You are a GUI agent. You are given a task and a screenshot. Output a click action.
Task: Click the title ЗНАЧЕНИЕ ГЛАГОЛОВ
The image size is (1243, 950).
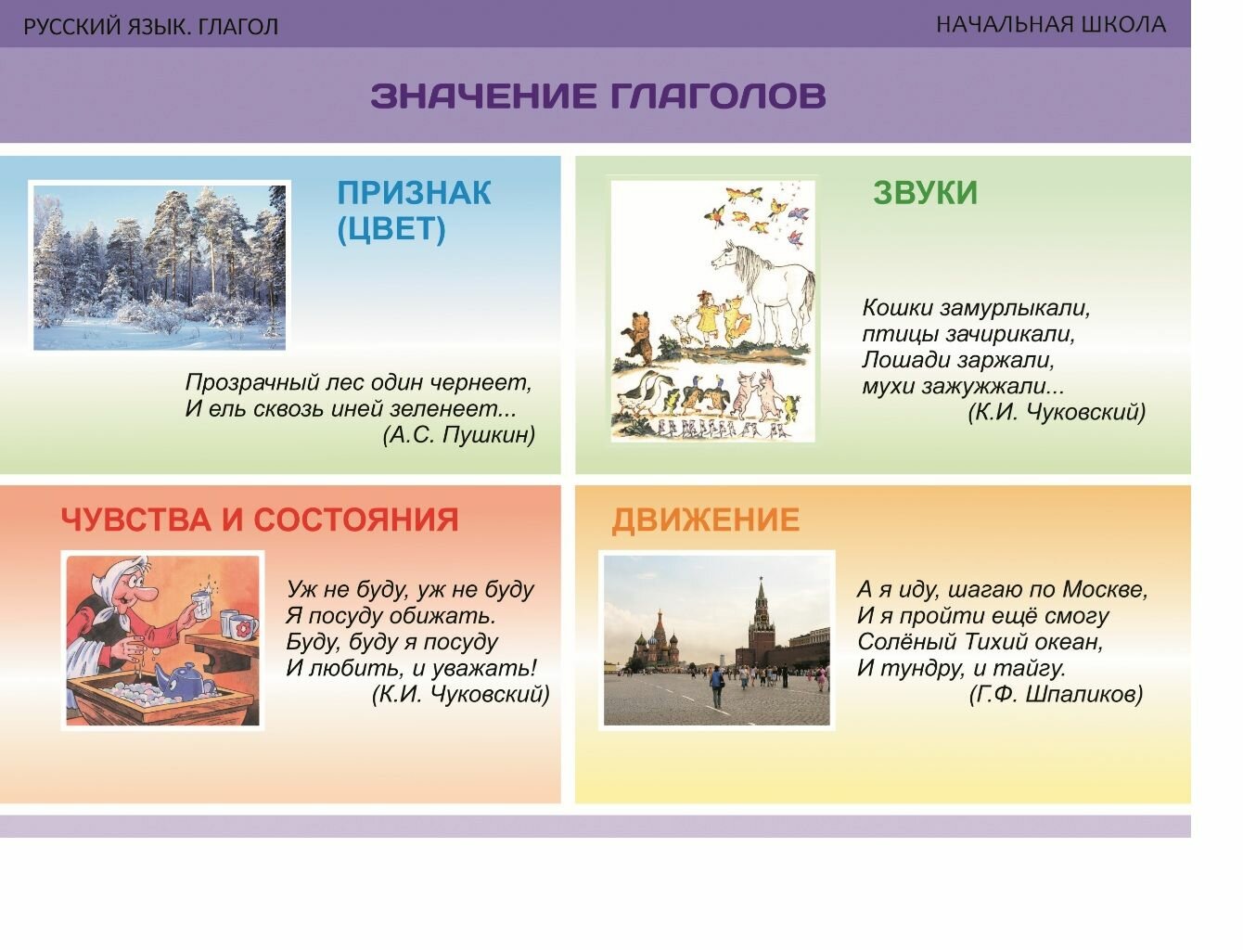(x=597, y=96)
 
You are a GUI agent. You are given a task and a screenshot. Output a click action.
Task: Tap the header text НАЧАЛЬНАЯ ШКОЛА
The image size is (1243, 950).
(x=1050, y=25)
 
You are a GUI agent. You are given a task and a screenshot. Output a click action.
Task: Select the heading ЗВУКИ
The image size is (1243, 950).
(x=925, y=193)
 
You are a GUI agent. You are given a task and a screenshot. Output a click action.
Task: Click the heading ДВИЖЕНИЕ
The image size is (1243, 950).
(x=705, y=520)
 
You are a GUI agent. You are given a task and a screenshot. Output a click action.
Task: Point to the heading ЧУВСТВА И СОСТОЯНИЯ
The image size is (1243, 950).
(x=260, y=520)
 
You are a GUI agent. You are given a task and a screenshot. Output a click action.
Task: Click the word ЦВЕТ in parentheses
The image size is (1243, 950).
(x=391, y=229)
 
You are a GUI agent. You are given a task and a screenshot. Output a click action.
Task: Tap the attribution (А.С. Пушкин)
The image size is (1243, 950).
(x=458, y=434)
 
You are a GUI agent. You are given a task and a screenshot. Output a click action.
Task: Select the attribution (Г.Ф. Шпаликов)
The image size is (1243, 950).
(x=1056, y=694)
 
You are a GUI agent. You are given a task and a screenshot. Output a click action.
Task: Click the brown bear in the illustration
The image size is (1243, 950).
(x=639, y=339)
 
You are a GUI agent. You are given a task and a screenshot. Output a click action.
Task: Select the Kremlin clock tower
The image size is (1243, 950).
(x=762, y=617)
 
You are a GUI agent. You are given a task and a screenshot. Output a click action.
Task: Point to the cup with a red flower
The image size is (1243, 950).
(x=239, y=627)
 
